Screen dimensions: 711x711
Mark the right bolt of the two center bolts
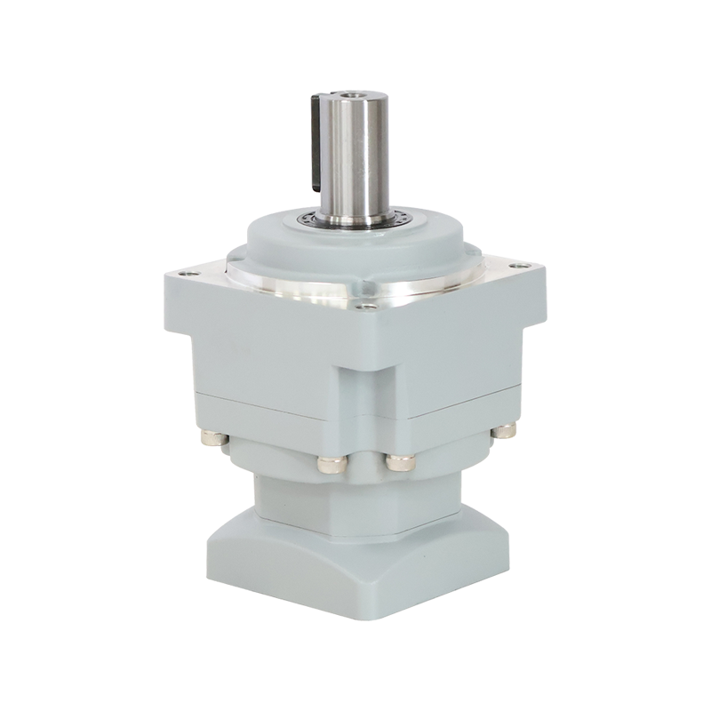click(397, 463)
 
